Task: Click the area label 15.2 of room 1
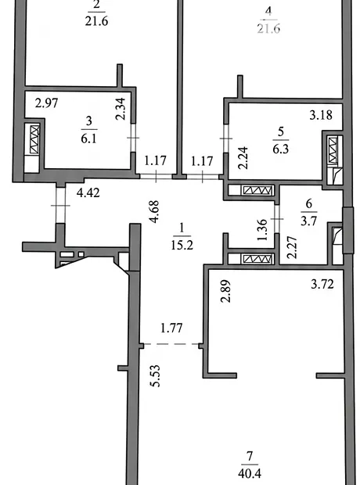[182, 246]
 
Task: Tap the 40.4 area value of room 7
[250, 473]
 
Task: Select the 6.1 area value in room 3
[89, 138]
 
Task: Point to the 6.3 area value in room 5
[281, 149]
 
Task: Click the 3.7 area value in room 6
[308, 221]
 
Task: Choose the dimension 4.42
[88, 193]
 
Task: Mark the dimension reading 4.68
[154, 211]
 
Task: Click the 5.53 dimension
[155, 375]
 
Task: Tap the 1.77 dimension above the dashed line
[171, 328]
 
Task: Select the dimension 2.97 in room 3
[46, 103]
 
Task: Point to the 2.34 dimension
[121, 109]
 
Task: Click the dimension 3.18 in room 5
[321, 115]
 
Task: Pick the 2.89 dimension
[225, 291]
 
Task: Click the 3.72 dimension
[322, 284]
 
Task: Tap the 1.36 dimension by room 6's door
[262, 230]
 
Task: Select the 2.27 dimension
[292, 247]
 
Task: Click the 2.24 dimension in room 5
[243, 158]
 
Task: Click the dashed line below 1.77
[171, 343]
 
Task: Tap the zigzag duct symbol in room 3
[34, 140]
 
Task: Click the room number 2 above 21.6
[96, 5]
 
